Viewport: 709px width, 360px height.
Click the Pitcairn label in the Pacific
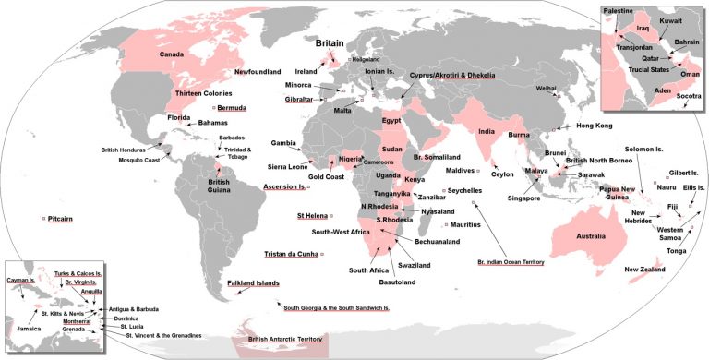(x=61, y=219)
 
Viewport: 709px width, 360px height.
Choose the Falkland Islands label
(x=254, y=282)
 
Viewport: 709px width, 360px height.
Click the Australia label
(x=591, y=236)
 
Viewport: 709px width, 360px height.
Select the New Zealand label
(x=645, y=270)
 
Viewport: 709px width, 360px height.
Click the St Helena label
(x=313, y=216)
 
